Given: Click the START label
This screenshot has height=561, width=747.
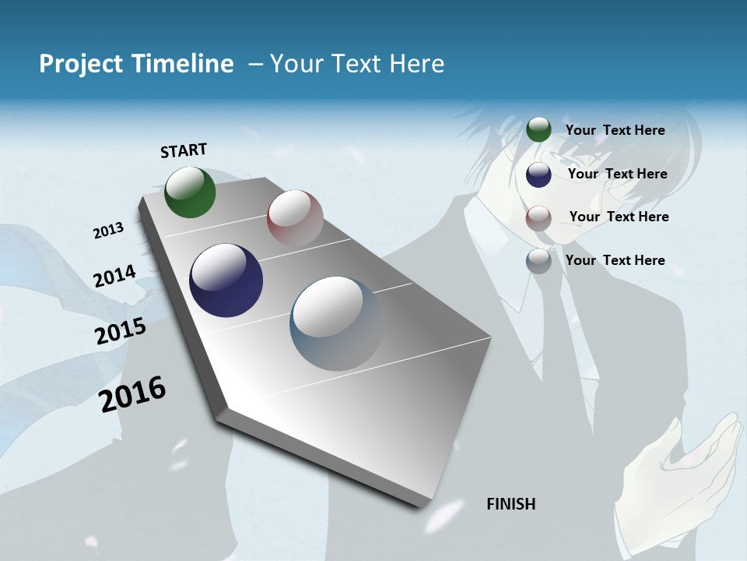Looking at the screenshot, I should click(x=184, y=150).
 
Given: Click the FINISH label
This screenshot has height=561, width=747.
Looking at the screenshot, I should click(x=511, y=504).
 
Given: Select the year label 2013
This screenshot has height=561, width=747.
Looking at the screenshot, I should click(x=109, y=230).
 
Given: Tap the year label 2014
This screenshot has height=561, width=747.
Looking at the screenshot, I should click(x=114, y=276).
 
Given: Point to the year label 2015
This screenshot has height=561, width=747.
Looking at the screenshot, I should click(x=121, y=331).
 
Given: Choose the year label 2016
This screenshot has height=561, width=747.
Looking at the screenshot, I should click(x=133, y=394).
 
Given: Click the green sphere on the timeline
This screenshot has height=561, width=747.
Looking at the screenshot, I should click(x=190, y=192).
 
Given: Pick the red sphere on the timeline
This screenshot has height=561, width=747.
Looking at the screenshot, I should click(x=295, y=218).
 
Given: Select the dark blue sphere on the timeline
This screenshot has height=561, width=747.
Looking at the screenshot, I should click(x=226, y=280).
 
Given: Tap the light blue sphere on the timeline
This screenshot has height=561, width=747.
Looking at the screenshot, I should click(x=336, y=323).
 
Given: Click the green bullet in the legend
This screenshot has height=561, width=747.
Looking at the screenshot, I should click(x=538, y=129).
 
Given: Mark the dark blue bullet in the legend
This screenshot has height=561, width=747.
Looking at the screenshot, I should click(x=538, y=175).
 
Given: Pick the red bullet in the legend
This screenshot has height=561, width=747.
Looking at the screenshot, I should click(x=538, y=217).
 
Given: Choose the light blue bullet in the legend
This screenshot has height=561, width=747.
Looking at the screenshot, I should click(x=538, y=261).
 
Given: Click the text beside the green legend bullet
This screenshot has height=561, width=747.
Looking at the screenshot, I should click(x=615, y=130).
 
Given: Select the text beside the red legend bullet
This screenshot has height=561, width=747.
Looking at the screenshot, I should click(x=619, y=217).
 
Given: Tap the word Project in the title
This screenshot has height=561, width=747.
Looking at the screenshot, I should click(x=77, y=64).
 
